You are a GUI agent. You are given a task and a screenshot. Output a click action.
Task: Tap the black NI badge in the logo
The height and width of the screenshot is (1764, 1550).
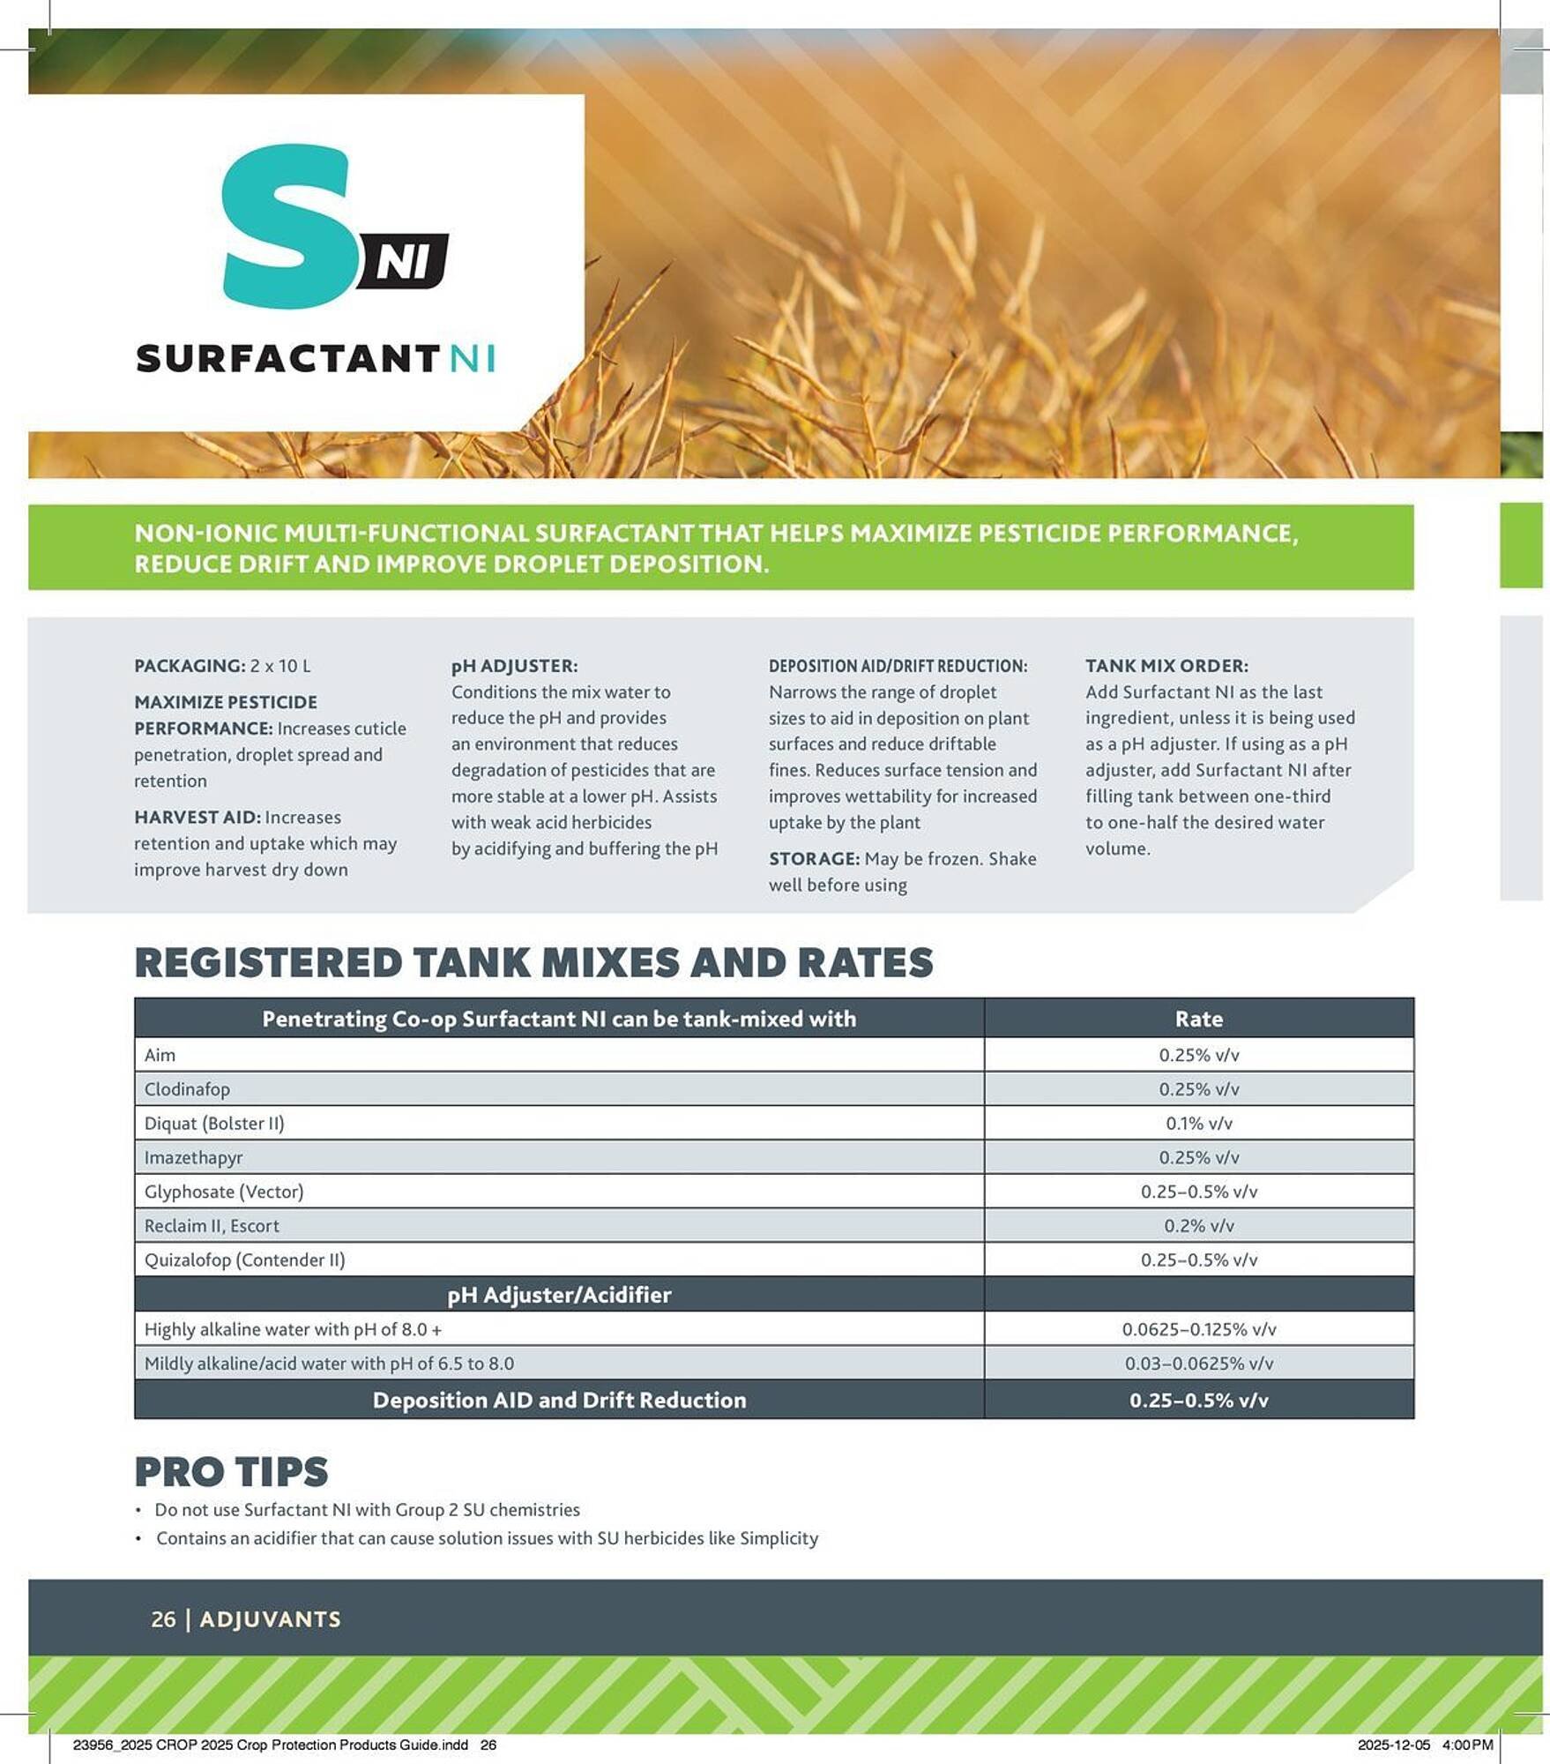point(404,262)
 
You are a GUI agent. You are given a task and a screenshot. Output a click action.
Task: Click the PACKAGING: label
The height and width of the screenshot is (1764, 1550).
point(190,666)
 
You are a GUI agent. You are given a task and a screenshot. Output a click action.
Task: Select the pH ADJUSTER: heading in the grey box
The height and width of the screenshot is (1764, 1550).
point(514,666)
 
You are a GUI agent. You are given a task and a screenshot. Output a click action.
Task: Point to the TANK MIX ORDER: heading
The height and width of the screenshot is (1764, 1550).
point(1166,666)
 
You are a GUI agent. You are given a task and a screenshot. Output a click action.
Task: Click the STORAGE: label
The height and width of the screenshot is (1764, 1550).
point(814,859)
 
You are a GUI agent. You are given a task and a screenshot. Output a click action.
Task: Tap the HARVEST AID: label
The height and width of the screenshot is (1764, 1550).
point(197,818)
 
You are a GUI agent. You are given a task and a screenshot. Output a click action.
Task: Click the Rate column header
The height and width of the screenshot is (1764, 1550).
point(1198,1019)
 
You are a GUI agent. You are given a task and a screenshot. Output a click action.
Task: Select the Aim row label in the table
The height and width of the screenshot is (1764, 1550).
point(160,1055)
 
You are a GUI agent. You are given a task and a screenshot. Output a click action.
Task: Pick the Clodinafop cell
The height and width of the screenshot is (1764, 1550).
point(187,1089)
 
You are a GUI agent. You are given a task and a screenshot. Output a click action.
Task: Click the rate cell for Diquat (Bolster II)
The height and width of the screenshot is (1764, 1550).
point(1198,1124)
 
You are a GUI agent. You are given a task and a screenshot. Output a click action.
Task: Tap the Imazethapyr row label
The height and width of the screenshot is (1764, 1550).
point(193,1157)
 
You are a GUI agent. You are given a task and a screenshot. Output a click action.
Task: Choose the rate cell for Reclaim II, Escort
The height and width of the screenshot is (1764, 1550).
point(1198,1226)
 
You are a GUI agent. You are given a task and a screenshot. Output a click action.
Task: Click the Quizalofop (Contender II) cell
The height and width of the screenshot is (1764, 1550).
point(244,1259)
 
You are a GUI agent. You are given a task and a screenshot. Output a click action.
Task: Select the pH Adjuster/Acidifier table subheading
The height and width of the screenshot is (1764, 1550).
point(559,1295)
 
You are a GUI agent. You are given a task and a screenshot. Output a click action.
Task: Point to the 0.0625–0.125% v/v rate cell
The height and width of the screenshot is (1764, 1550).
point(1198,1329)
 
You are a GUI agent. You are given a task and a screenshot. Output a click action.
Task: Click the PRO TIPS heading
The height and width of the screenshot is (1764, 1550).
point(231,1472)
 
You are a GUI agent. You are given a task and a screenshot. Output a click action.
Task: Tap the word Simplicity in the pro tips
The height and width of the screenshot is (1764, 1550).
point(779,1538)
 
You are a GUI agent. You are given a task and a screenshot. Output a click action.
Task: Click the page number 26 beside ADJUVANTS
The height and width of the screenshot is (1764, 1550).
point(163,1619)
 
